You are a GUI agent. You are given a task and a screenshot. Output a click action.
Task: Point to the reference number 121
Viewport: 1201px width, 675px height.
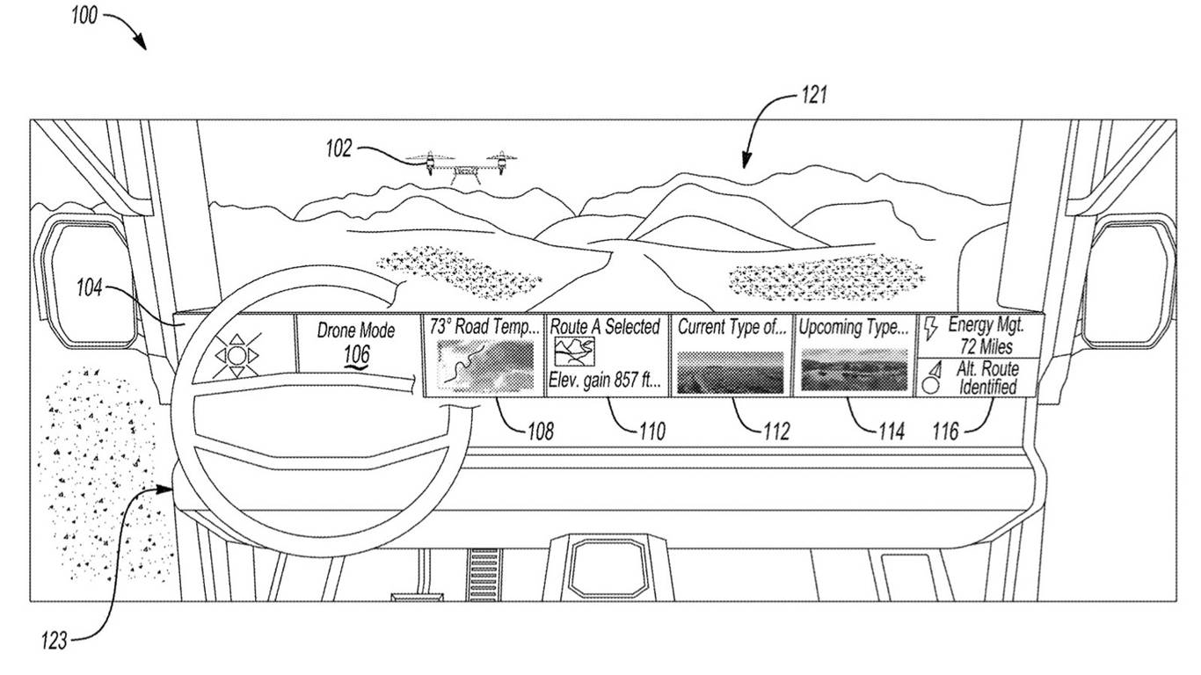click(813, 95)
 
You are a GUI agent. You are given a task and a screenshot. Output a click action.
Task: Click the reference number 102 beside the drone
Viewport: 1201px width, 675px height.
click(338, 149)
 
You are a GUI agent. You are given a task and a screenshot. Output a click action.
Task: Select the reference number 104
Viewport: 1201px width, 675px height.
click(90, 287)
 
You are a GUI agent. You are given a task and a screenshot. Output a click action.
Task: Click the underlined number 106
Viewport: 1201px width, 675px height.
click(357, 354)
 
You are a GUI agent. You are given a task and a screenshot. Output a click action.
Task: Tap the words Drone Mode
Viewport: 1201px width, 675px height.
click(356, 331)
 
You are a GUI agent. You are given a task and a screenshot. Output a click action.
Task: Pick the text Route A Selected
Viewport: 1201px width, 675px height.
click(605, 327)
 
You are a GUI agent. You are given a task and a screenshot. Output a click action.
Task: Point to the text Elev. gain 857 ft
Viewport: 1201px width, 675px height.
click(605, 381)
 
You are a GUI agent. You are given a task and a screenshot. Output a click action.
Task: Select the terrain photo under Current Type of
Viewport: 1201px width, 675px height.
click(730, 371)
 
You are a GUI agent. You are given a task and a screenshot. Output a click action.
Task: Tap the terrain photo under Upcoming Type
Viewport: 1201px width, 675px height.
click(854, 369)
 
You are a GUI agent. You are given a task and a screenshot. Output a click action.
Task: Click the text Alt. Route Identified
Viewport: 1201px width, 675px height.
click(986, 378)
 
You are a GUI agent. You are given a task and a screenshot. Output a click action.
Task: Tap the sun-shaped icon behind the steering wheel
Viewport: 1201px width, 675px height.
click(237, 356)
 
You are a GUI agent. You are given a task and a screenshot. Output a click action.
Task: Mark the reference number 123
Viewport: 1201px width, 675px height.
click(54, 642)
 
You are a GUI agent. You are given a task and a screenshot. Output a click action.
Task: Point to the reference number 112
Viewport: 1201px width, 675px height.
click(777, 432)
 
